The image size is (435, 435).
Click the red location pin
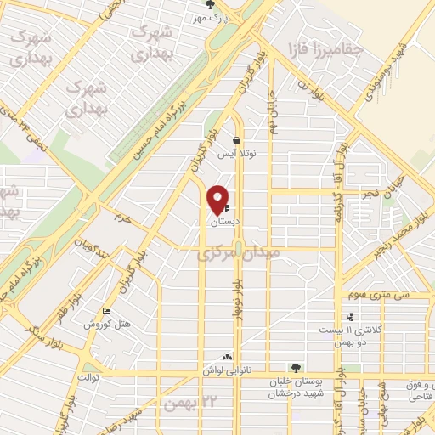(218, 198)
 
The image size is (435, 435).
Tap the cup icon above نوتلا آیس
(235, 142)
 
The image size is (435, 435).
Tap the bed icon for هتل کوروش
(105, 312)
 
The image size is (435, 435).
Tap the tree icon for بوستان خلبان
(295, 368)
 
